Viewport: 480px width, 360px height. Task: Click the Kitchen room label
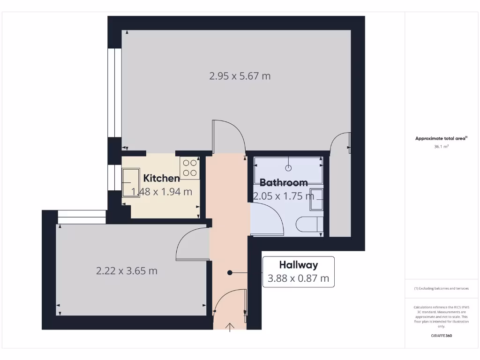coord(161,178)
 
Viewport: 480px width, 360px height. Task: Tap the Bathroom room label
coord(284,182)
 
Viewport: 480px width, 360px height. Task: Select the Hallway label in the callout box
coord(299,265)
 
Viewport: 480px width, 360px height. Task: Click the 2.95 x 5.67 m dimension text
coord(240,75)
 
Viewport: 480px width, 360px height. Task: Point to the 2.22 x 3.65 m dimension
coord(127,270)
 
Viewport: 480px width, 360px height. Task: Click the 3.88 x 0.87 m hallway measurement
coord(299,278)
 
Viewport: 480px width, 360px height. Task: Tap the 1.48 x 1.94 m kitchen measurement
coord(162,191)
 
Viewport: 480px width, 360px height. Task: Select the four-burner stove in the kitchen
coord(190,168)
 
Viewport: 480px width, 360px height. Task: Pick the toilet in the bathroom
coord(310,224)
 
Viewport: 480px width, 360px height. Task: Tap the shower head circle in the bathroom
coord(289,167)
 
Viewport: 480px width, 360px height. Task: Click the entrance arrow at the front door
coord(230,327)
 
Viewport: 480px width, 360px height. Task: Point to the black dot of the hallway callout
coord(230,272)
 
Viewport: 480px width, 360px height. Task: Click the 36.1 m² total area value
coord(441,147)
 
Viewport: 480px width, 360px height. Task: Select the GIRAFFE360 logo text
coord(441,336)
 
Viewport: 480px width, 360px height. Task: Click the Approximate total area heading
coord(441,138)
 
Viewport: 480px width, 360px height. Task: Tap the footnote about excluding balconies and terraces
coord(441,288)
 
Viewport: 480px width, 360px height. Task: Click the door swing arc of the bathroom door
coord(274,216)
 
